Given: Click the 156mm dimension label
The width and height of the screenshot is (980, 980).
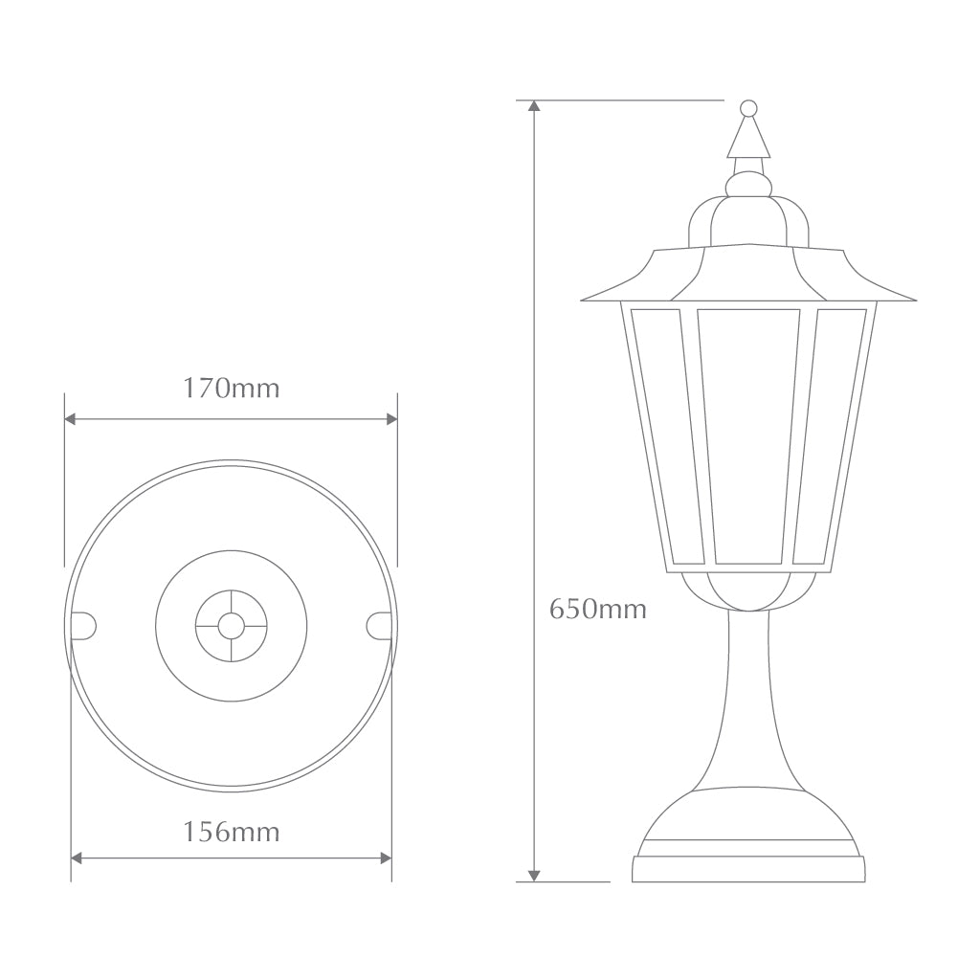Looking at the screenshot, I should [231, 832].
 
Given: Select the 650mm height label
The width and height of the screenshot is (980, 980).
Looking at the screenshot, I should [597, 609].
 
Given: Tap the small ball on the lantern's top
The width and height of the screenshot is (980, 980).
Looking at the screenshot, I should [748, 108].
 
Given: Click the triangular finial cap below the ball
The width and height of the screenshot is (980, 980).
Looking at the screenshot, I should [748, 140].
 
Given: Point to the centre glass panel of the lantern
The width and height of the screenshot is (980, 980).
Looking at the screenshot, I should [748, 435].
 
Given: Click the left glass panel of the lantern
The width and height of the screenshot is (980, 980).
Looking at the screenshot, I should [661, 435].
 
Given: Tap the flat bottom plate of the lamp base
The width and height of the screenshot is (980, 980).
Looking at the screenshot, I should [748, 869].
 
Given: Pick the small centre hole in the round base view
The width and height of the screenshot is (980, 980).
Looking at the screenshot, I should [231, 626].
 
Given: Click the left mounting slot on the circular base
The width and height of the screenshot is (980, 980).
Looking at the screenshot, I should [83, 625].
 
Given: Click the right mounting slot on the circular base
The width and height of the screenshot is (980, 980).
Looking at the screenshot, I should [379, 625].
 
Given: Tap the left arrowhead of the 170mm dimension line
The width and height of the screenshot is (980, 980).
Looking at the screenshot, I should [70, 419].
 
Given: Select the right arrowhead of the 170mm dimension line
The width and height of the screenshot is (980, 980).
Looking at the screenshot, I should [391, 419].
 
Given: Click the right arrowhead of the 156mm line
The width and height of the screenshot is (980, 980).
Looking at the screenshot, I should [386, 858].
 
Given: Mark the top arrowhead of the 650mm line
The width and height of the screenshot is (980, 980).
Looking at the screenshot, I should [534, 105].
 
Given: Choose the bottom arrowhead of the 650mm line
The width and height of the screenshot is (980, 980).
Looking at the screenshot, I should [534, 875].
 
